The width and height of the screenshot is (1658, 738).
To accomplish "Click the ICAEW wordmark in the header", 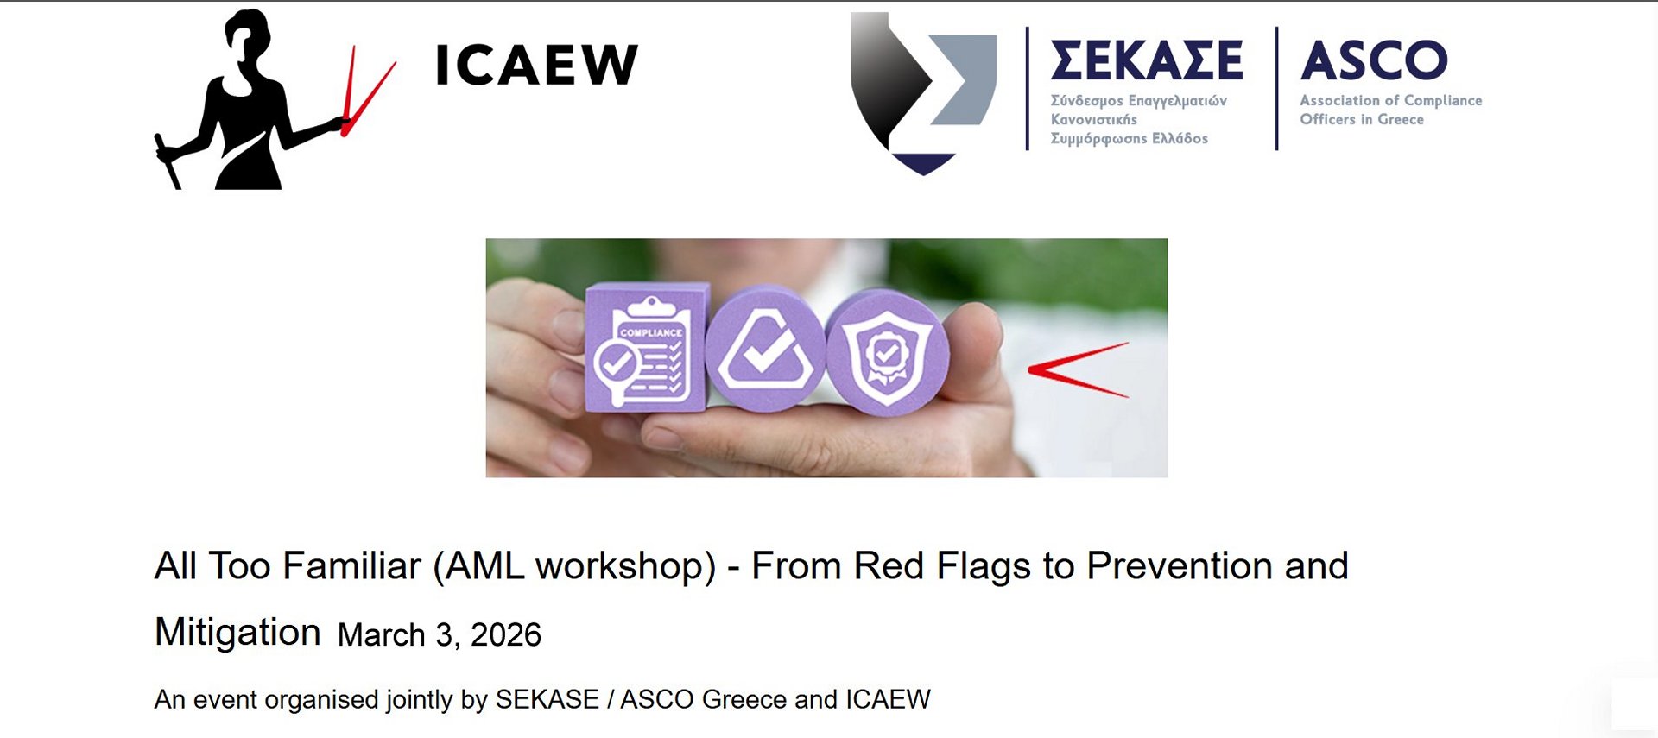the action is pos(536,66).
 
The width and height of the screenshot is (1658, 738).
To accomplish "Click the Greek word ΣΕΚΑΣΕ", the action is pos(1146,60).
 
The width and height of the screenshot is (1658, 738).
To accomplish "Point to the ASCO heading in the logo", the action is pos(1374,60).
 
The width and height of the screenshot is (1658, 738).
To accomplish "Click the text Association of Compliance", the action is pos(1390,100).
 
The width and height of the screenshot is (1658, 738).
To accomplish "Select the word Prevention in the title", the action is pos(1180,566).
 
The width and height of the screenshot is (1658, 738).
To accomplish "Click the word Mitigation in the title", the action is pos(237,632).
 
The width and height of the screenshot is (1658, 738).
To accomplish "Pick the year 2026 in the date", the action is pos(505,635).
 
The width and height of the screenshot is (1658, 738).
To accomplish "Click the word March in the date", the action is pos(381,635).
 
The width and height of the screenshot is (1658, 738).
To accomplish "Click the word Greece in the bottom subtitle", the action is pos(744,699).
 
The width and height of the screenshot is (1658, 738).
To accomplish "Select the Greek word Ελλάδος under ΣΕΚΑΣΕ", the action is pos(1180,138).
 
